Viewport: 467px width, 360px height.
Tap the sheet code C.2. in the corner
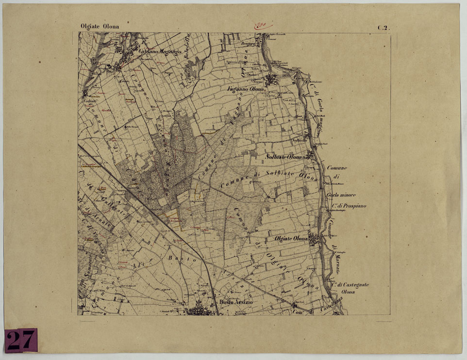pyautogui.click(x=383, y=28)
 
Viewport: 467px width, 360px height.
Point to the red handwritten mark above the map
pyautogui.click(x=264, y=25)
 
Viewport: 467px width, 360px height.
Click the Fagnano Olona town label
pyautogui.click(x=246, y=90)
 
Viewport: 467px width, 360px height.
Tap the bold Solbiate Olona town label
pyautogui.click(x=284, y=157)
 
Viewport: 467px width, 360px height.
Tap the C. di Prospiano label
pyautogui.click(x=349, y=206)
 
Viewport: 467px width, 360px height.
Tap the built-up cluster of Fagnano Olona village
pyautogui.click(x=271, y=80)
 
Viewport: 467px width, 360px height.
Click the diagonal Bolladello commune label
pyautogui.click(x=187, y=52)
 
